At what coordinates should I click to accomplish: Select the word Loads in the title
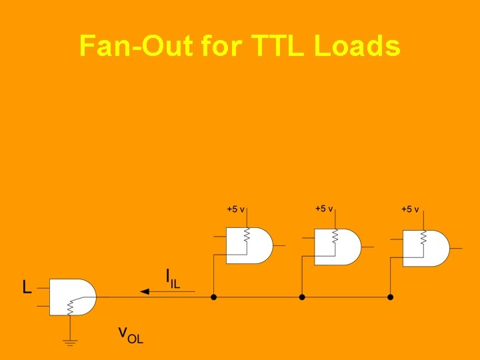coord(357,46)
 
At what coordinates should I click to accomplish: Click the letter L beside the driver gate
coord(27,288)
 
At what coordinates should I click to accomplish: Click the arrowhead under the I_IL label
coord(145,291)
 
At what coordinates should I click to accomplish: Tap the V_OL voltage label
coord(131,333)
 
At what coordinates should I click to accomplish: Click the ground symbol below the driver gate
coord(70,342)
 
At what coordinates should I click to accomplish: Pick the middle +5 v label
coord(324,209)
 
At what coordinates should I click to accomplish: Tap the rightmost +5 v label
coord(410,209)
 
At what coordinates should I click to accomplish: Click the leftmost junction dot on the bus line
coord(213,297)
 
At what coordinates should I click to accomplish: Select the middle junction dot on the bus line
coord(301,297)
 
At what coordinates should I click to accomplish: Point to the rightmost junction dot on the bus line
coord(391,297)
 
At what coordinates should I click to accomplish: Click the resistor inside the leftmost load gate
coord(247,235)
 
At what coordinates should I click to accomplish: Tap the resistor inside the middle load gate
coord(335,237)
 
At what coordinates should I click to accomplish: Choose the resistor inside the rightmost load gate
coord(423,238)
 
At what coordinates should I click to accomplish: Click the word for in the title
coord(223,46)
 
